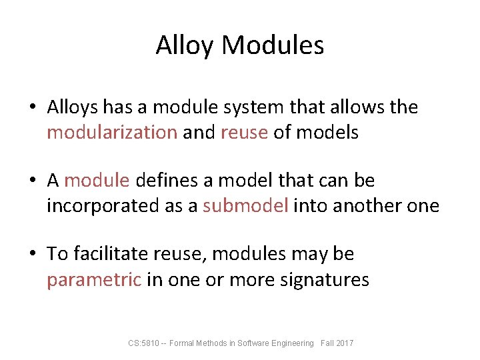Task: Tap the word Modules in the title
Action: point(273,45)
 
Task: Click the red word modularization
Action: point(111,132)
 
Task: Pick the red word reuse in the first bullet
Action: point(243,132)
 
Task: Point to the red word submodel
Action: point(245,205)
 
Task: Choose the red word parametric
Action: point(94,279)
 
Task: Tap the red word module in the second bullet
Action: point(99,180)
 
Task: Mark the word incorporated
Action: point(103,205)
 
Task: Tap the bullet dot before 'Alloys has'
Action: point(33,107)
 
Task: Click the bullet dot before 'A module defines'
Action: point(33,181)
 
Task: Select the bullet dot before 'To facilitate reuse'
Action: point(33,255)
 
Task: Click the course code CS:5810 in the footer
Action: point(141,343)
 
